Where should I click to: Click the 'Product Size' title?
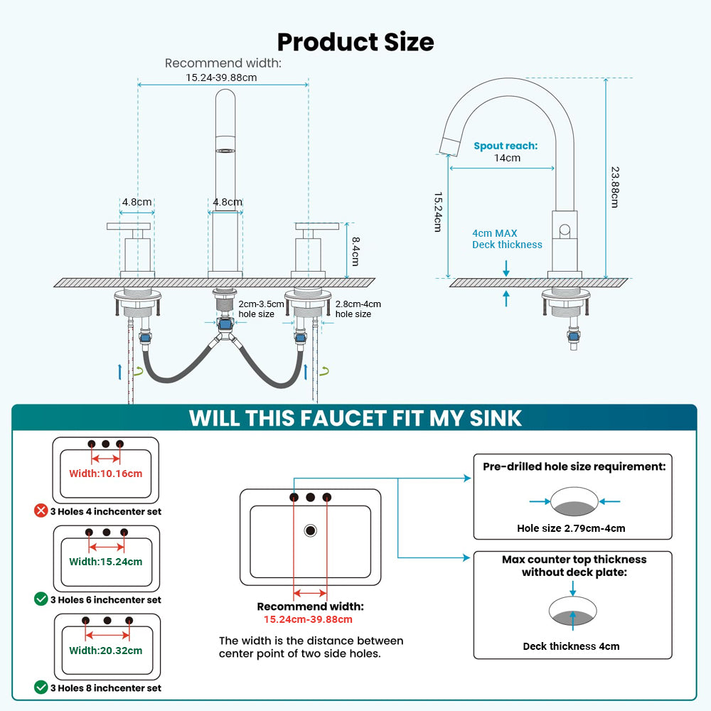click(355, 42)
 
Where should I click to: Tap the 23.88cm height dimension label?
click(615, 187)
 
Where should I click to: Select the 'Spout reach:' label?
click(506, 146)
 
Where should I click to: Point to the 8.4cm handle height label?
click(356, 251)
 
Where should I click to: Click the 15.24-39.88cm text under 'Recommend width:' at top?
click(221, 77)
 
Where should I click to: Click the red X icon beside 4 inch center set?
click(41, 510)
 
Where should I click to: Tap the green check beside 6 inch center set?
click(41, 599)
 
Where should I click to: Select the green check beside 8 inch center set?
click(41, 688)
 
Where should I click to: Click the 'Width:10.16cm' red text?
click(106, 474)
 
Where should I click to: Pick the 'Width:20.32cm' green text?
click(106, 651)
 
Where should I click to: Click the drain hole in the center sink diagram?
click(310, 530)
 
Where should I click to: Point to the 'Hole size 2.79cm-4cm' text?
click(571, 528)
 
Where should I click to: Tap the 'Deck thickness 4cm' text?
click(571, 646)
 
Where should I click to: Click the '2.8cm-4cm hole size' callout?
click(358, 309)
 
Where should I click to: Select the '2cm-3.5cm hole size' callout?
click(261, 309)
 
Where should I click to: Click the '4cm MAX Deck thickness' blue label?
click(507, 239)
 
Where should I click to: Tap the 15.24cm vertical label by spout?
click(437, 212)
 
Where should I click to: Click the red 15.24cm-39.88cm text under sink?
click(308, 619)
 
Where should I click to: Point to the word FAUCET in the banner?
click(343, 418)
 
